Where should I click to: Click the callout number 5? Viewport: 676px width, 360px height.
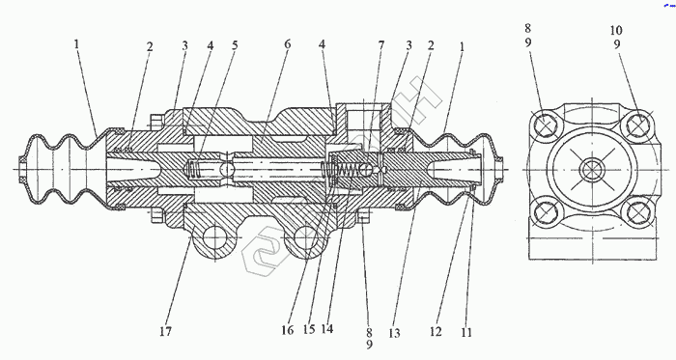coord(235,45)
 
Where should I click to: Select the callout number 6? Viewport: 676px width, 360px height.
coord(287,44)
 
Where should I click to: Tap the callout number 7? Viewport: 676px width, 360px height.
coord(380,45)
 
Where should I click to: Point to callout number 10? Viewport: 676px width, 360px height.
coord(616,30)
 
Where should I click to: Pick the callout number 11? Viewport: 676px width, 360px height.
coord(466,332)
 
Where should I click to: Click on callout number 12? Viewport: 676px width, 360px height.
coord(436,332)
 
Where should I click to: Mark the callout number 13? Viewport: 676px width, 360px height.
coord(394,333)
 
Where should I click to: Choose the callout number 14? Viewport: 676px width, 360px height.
coord(327,329)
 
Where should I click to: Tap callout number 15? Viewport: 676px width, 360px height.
coord(309,329)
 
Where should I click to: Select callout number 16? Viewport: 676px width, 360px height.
coord(287,330)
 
